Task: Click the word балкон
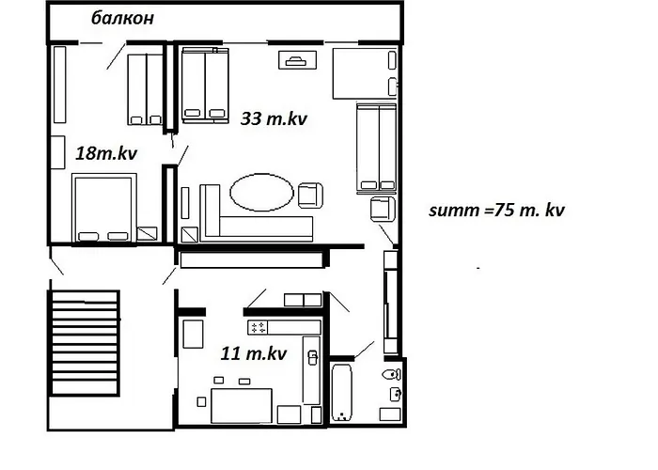pyautogui.click(x=122, y=18)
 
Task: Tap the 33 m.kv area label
pyautogui.click(x=274, y=118)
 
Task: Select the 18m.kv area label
pyautogui.click(x=106, y=153)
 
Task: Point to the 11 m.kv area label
pyautogui.click(x=254, y=353)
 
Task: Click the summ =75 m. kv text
pyautogui.click(x=496, y=210)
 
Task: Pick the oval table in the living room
pyautogui.click(x=261, y=192)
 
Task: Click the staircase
pyautogui.click(x=84, y=343)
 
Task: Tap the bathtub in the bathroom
pyautogui.click(x=341, y=393)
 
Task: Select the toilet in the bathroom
pyautogui.click(x=392, y=374)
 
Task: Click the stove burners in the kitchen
pyautogui.click(x=258, y=327)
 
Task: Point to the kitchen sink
pyautogui.click(x=313, y=357)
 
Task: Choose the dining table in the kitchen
pyautogui.click(x=242, y=405)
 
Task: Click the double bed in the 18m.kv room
pyautogui.click(x=104, y=208)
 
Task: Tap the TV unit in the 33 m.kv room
pyautogui.click(x=298, y=60)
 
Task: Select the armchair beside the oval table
pyautogui.click(x=310, y=196)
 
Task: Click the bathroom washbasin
pyautogui.click(x=396, y=394)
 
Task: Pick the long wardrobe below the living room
pyautogui.click(x=252, y=259)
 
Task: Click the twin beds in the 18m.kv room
pyautogui.click(x=145, y=89)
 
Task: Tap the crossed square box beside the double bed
pyautogui.click(x=147, y=233)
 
